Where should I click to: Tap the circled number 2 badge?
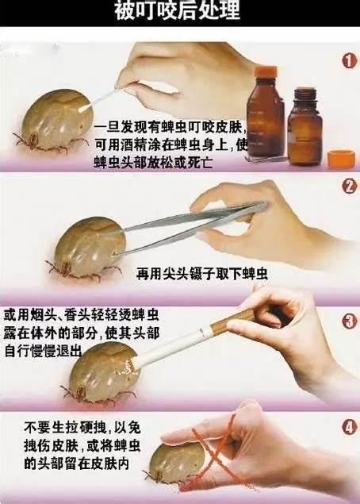tap(348, 187)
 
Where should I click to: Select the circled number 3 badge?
tap(348, 321)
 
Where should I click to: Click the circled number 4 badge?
tap(348, 428)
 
